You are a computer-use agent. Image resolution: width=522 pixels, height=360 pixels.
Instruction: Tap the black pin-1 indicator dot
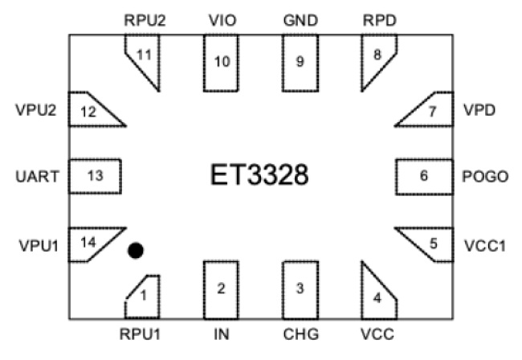point(136,252)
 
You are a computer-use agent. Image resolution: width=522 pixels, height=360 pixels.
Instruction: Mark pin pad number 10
point(221,62)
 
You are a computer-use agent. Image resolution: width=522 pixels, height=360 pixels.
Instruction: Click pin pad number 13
point(95,176)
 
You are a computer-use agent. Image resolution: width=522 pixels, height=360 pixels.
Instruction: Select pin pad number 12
point(91,112)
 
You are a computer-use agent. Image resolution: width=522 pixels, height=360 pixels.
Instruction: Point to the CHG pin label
point(300,333)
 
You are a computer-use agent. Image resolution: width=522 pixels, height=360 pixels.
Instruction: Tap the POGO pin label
point(487,176)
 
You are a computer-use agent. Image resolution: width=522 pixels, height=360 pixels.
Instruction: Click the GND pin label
point(300,18)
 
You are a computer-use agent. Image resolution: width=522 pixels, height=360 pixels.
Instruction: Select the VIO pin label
point(221,18)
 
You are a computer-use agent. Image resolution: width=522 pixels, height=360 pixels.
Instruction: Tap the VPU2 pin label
point(35,111)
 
